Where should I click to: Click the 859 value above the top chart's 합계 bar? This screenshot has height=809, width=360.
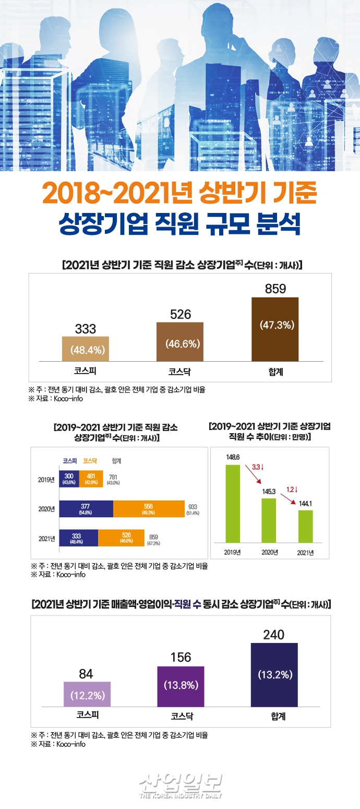pyautogui.click(x=275, y=289)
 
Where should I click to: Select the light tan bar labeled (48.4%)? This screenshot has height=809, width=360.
pyautogui.click(x=86, y=349)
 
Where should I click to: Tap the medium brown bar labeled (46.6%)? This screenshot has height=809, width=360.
pyautogui.click(x=180, y=342)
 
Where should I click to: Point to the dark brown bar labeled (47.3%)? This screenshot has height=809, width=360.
pyautogui.click(x=275, y=329)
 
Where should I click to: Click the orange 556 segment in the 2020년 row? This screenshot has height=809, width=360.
pyautogui.click(x=149, y=509)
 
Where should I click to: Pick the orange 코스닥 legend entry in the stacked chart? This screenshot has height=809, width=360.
pyautogui.click(x=91, y=461)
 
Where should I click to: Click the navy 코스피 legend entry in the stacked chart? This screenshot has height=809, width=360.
pyautogui.click(x=69, y=461)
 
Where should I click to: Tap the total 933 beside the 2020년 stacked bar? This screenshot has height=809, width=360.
pyautogui.click(x=193, y=507)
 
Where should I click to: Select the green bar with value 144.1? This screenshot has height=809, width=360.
pyautogui.click(x=305, y=526)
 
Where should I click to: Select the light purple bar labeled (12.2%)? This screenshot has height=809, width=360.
pyautogui.click(x=87, y=694)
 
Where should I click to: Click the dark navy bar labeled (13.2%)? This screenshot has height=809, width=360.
pyautogui.click(x=274, y=675)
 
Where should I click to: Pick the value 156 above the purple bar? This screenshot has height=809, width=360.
pyautogui.click(x=181, y=658)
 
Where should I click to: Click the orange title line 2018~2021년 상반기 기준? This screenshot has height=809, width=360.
pyautogui.click(x=180, y=193)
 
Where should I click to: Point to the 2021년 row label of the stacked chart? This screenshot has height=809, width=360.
pyautogui.click(x=47, y=538)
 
